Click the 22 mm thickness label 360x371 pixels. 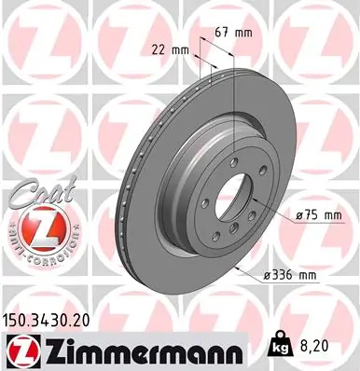[170, 49]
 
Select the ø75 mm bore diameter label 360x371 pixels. [317, 216]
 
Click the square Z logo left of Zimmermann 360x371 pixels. [19, 349]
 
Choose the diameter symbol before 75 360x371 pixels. [298, 216]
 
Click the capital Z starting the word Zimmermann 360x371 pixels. [48, 349]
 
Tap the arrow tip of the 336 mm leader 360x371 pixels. [240, 266]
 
